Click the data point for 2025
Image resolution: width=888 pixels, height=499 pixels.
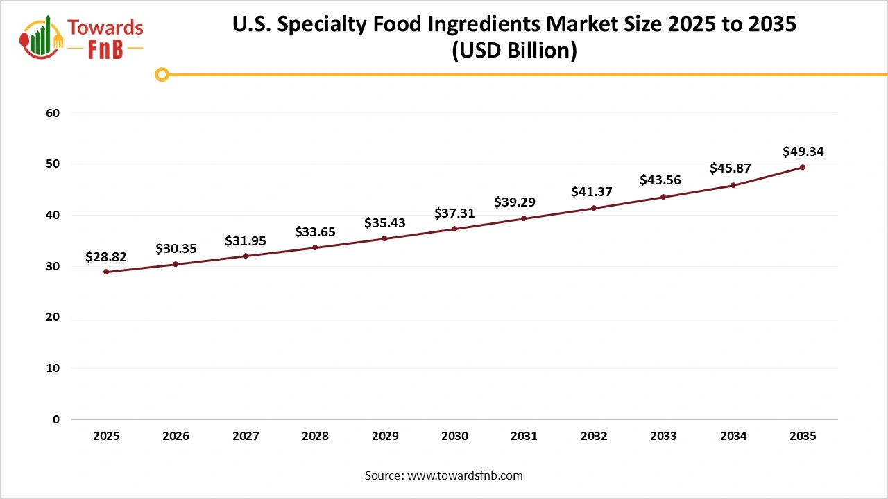[106, 272]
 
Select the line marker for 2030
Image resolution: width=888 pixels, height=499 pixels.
[454, 229]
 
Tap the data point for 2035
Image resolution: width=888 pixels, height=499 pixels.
[803, 167]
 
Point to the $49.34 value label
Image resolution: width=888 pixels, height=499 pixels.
[803, 151]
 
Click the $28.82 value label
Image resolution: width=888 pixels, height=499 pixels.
[106, 256]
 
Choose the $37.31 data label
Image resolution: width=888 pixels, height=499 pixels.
[454, 213]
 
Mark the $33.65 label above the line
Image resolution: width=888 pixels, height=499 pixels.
[315, 231]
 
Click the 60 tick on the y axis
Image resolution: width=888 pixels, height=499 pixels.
[53, 113]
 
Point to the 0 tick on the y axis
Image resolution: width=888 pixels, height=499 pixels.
[56, 419]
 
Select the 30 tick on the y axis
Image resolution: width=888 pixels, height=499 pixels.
[53, 266]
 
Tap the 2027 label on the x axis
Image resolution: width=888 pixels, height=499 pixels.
[246, 437]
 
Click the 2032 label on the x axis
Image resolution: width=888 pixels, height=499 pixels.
[594, 437]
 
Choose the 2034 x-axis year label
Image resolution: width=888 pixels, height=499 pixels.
[733, 437]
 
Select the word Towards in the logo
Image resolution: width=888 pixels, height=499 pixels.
[105, 28]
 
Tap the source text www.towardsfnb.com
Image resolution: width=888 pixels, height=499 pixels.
[464, 475]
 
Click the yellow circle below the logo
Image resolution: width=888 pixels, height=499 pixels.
[162, 74]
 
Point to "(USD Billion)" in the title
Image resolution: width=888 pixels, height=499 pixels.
[514, 51]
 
